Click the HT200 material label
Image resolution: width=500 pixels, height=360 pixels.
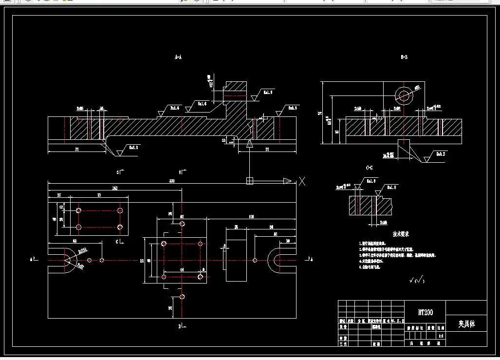(425, 312)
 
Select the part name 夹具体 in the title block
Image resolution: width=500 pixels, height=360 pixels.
(466, 324)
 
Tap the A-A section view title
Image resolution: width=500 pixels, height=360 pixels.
(178, 57)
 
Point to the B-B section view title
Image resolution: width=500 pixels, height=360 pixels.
(404, 57)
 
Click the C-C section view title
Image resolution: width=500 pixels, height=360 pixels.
(370, 168)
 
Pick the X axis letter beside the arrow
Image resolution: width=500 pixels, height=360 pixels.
(302, 181)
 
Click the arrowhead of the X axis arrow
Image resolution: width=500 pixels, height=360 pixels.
(287, 181)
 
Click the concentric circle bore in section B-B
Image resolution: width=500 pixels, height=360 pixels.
(403, 94)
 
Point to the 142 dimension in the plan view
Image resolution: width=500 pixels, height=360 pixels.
(115, 188)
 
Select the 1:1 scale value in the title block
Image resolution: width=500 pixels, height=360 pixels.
(441, 336)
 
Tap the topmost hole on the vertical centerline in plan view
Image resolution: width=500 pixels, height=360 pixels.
(182, 224)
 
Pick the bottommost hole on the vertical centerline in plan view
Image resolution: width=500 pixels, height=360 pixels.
(182, 297)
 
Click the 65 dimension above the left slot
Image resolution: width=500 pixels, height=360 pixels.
(74, 241)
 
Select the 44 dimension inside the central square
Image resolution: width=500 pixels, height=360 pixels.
(182, 269)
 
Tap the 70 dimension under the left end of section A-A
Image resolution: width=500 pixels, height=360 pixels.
(76, 150)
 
